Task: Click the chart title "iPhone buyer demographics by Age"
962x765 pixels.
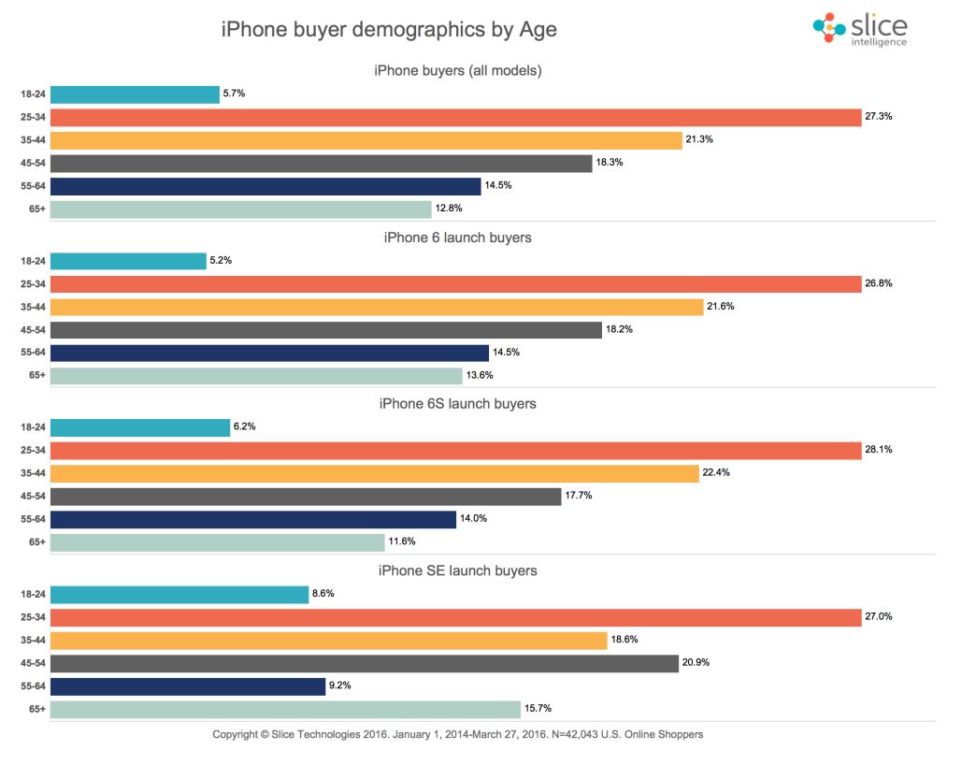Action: [389, 30]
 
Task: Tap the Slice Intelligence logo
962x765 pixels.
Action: [860, 29]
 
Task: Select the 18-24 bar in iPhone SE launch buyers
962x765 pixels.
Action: [179, 595]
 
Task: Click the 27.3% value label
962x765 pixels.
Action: [881, 118]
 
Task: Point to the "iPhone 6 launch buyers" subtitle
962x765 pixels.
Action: [457, 238]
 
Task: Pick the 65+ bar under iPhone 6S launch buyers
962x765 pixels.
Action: [217, 541]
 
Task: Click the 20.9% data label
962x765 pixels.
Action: [697, 663]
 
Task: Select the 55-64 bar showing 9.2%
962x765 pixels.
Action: [187, 686]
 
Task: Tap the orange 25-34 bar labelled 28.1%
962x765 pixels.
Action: [455, 450]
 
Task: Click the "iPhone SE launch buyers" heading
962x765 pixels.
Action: [457, 570]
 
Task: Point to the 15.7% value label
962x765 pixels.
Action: [539, 709]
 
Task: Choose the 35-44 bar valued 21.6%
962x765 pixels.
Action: [376, 307]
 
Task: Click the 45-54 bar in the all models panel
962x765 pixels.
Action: [321, 163]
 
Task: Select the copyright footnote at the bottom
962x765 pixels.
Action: [457, 734]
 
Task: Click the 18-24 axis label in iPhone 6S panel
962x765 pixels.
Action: [33, 427]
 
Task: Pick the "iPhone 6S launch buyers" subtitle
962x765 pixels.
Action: [457, 404]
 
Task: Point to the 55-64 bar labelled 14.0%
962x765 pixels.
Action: [252, 519]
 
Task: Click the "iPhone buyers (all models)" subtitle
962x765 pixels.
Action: [457, 70]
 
